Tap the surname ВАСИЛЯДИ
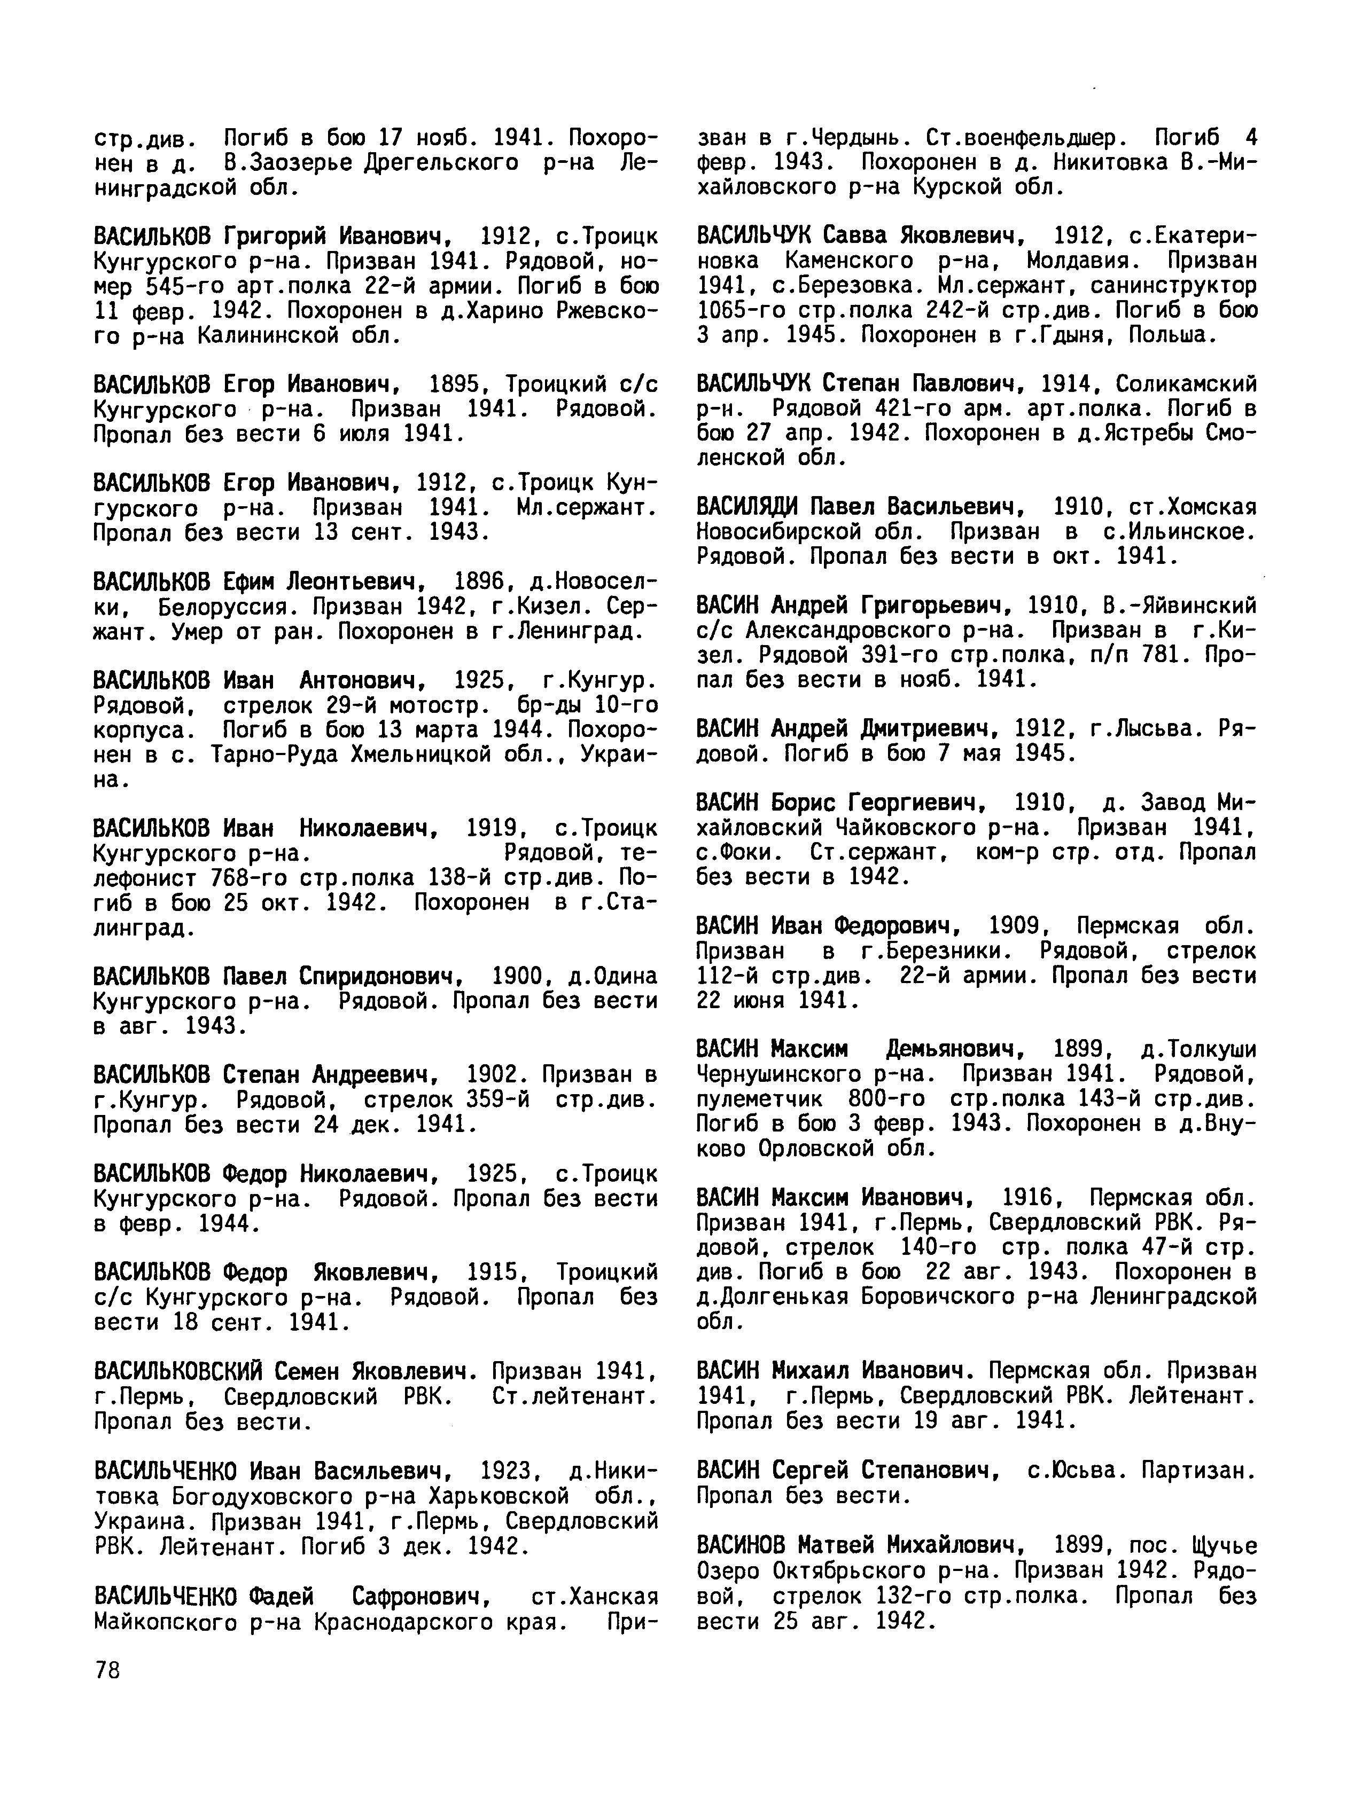tap(747, 507)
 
